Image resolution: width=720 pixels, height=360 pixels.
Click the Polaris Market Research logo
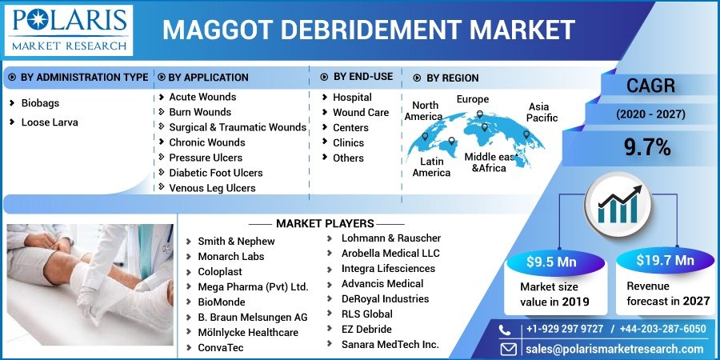[69, 30]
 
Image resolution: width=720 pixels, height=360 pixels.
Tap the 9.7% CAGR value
[647, 147]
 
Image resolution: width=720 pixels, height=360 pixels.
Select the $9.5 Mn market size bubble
[551, 262]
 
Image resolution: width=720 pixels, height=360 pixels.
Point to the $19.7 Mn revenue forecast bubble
[665, 260]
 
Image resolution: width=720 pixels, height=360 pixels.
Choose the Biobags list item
[40, 103]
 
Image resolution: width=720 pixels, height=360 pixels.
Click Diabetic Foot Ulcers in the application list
[216, 173]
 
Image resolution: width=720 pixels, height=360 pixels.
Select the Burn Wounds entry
[200, 111]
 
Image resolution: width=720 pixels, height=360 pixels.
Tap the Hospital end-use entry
[352, 98]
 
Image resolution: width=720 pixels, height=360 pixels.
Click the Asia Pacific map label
[542, 112]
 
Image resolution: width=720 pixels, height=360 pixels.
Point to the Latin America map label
[432, 167]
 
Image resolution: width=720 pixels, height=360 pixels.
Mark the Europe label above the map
[473, 99]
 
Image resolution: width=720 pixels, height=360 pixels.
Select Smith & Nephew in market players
[236, 241]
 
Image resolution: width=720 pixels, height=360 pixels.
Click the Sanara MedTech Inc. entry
[390, 344]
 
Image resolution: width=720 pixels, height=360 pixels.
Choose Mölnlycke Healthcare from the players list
[248, 332]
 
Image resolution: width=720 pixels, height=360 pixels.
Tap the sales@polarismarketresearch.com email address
[615, 349]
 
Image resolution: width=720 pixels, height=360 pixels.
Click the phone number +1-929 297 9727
[565, 329]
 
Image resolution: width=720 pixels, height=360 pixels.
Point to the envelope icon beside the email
[508, 349]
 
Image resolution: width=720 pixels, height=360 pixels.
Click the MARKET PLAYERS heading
[325, 224]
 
